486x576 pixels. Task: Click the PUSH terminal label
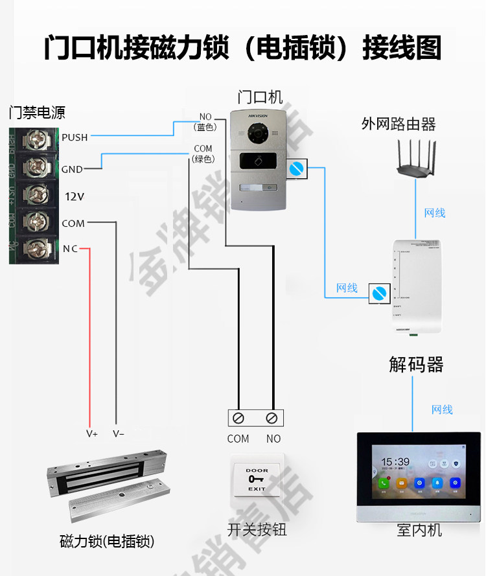75,137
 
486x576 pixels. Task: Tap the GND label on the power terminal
72,170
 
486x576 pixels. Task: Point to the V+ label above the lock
92,433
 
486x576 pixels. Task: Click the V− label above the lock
118,433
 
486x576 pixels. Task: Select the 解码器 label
416,364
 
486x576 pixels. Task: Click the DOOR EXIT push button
257,479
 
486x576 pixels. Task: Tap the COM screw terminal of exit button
238,417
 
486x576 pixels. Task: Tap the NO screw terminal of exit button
273,417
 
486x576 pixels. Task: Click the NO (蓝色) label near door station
205,122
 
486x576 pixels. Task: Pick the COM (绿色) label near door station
203,154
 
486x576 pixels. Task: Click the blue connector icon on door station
297,169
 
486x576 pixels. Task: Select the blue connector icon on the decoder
378,293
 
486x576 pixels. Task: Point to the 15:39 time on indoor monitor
394,461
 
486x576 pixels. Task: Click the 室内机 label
419,530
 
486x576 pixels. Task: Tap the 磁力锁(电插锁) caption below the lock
107,542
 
